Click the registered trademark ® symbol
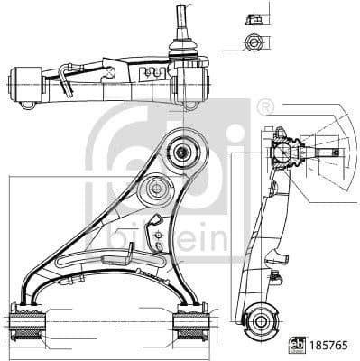264,106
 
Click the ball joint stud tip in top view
182,14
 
